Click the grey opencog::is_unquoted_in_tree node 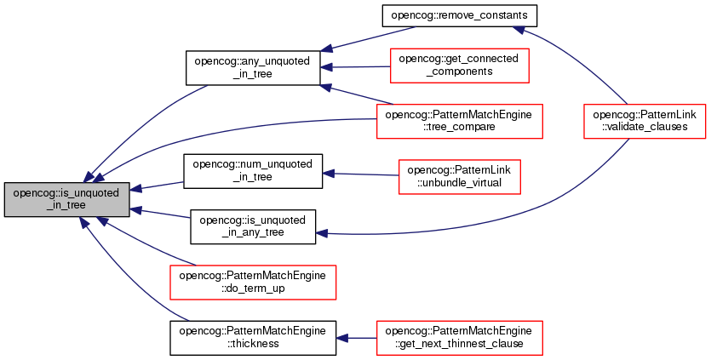67,199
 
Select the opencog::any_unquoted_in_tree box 253,67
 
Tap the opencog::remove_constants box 459,15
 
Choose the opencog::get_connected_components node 459,66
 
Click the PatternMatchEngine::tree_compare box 459,121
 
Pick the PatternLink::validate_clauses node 645,121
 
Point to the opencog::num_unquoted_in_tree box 253,171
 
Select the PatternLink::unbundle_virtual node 459,177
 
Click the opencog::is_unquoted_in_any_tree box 253,226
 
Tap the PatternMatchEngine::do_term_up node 253,282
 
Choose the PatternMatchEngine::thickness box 253,338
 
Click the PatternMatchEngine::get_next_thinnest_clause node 459,338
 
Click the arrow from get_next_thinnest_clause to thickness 357,338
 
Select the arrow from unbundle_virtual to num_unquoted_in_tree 360,174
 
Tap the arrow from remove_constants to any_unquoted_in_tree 367,38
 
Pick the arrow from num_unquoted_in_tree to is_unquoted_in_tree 157,186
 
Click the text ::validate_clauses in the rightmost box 645,127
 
